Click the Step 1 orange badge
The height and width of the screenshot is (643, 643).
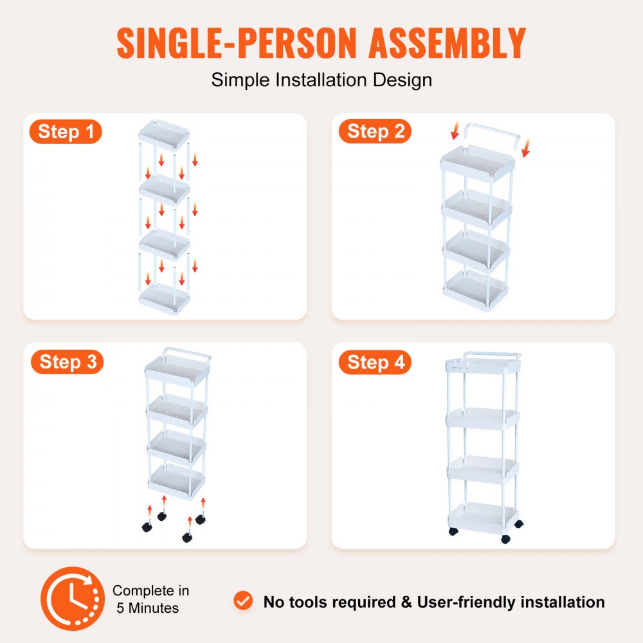tap(65, 132)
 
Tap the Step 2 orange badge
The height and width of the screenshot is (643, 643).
tap(375, 132)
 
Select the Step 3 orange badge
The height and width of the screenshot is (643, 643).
tap(66, 362)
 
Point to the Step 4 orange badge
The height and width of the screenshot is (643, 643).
tap(375, 363)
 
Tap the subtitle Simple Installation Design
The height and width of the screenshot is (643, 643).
tap(321, 80)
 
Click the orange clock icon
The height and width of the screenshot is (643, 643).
tap(73, 599)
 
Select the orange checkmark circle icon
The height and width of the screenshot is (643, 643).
tap(243, 601)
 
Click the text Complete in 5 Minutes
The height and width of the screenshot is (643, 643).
tap(150, 599)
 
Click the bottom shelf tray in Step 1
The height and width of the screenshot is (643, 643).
tap(165, 299)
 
